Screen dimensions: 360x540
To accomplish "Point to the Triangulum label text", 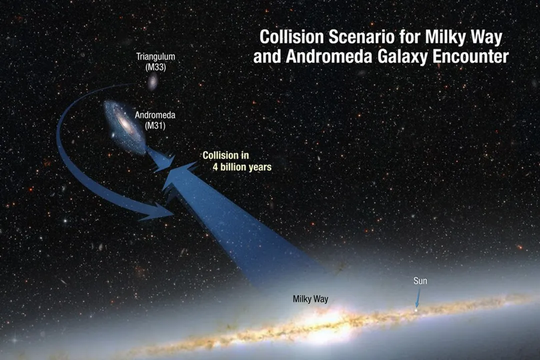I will (x=155, y=56).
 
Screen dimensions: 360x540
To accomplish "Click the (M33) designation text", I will (x=155, y=67).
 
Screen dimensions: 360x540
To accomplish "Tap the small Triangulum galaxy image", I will (x=152, y=81).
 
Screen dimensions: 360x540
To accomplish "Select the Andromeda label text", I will (x=155, y=115).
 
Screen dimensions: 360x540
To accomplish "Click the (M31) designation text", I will (x=155, y=125).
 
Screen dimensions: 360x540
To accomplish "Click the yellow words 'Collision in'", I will (x=225, y=155).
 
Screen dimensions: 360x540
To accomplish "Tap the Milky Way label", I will (x=310, y=299).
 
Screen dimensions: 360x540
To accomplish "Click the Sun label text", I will (x=420, y=281).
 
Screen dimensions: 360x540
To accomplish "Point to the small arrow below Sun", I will (x=416, y=300).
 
